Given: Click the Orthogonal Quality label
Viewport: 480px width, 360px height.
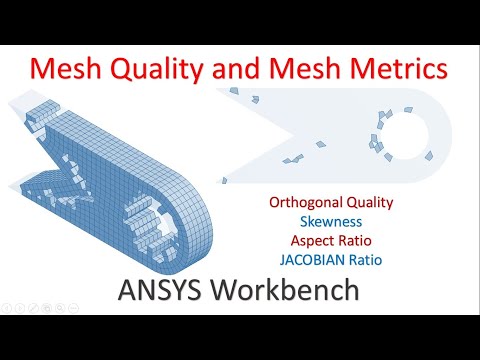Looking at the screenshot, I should coord(331,202).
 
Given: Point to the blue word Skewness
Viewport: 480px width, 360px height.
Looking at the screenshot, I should coord(331,221).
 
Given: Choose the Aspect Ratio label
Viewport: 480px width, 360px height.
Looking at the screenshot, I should coord(331,241).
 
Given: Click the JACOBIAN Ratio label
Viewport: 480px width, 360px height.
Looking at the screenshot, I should coord(331,261).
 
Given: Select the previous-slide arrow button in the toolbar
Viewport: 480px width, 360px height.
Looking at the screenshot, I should coord(8,303).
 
